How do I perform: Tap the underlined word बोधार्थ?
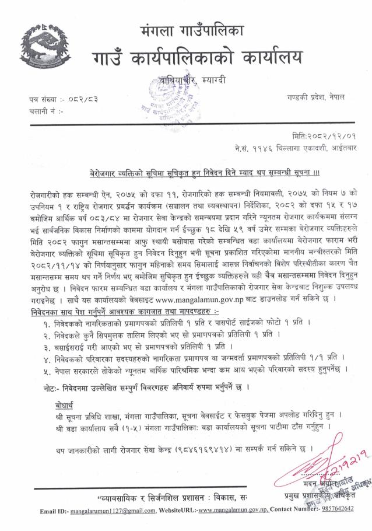(59, 405)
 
